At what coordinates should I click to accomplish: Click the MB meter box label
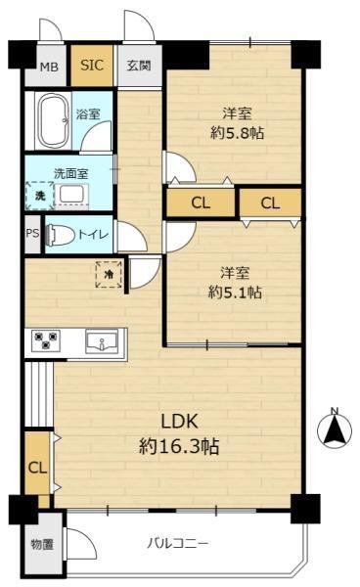coord(49,68)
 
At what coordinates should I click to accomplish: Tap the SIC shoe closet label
coord(92,66)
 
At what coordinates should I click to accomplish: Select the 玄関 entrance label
coord(139,66)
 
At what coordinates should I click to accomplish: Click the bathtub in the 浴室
coord(53,121)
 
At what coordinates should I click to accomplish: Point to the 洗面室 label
coord(71,174)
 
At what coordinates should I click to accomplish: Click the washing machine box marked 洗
coord(40,196)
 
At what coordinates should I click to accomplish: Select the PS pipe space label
coord(32,233)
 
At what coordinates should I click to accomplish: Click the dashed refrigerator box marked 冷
coord(109,274)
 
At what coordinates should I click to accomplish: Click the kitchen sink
coord(102,341)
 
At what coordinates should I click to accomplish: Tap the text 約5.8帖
coord(237,132)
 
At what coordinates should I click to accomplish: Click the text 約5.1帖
coord(235,292)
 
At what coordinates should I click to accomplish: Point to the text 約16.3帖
coord(179,446)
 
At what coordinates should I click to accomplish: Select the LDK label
coord(179,422)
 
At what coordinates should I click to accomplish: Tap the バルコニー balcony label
coord(177,543)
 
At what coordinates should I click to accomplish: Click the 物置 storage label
coord(42,545)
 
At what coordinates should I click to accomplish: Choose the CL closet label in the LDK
coord(38,468)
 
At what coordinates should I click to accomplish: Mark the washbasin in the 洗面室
coord(72,194)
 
